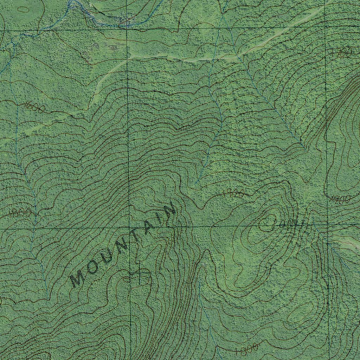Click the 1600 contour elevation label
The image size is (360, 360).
pos(35,107)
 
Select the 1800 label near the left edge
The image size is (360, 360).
pos(20,212)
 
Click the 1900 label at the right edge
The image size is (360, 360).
pos(340,200)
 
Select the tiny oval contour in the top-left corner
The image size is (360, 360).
pos(24,9)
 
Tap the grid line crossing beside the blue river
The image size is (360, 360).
pos(127,26)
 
